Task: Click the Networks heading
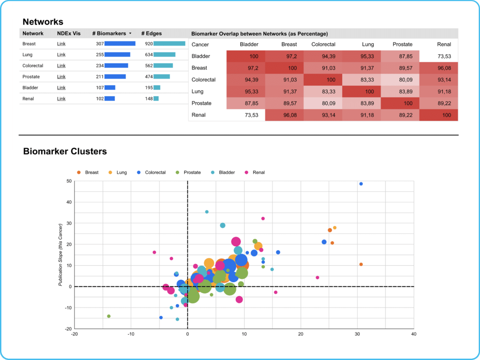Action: tap(43, 22)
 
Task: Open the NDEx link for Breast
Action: tap(61, 44)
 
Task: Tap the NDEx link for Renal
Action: tap(61, 98)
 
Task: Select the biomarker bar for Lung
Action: tap(117, 55)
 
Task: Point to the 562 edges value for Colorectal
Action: tap(149, 66)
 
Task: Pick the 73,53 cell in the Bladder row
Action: tap(444, 56)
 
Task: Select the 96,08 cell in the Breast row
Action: tap(444, 68)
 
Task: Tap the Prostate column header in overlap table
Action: tap(403, 45)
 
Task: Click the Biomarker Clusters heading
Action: tap(65, 151)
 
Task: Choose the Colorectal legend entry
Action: tap(151, 172)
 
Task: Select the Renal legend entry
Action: tap(255, 172)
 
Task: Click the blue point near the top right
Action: tap(361, 184)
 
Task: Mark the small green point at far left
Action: tap(109, 316)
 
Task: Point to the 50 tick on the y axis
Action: tap(68, 181)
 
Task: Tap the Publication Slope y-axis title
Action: tap(60, 255)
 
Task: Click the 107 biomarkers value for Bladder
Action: tap(99, 88)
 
